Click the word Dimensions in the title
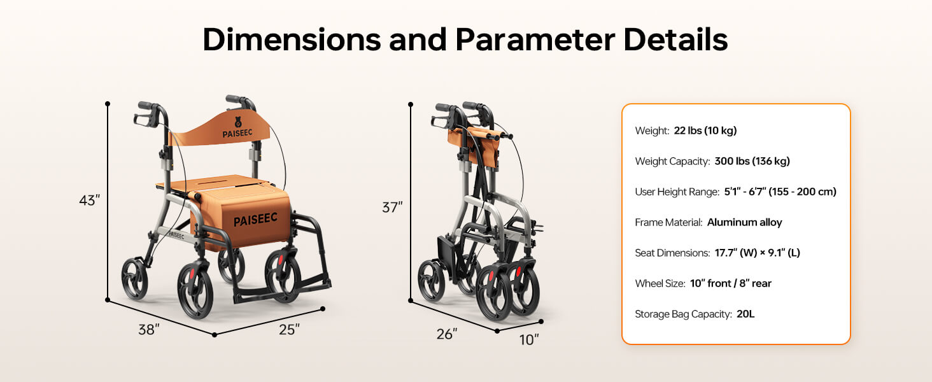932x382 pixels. pos(291,40)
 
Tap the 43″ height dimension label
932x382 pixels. pos(89,201)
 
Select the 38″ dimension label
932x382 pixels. pos(149,330)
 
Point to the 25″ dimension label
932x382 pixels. pos(289,330)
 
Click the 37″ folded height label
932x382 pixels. pos(392,208)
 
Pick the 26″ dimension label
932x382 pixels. pos(447,334)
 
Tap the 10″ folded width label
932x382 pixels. pos(529,340)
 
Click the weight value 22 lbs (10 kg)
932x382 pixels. pos(705,131)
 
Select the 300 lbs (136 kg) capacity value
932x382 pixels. pos(752,161)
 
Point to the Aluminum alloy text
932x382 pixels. pos(744,222)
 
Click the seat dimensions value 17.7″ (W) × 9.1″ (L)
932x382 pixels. pos(757,253)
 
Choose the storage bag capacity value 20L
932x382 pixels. pos(745,314)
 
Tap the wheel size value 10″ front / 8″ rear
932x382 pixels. pos(730,283)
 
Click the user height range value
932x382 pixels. pos(780,192)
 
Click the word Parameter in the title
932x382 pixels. pos(535,40)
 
